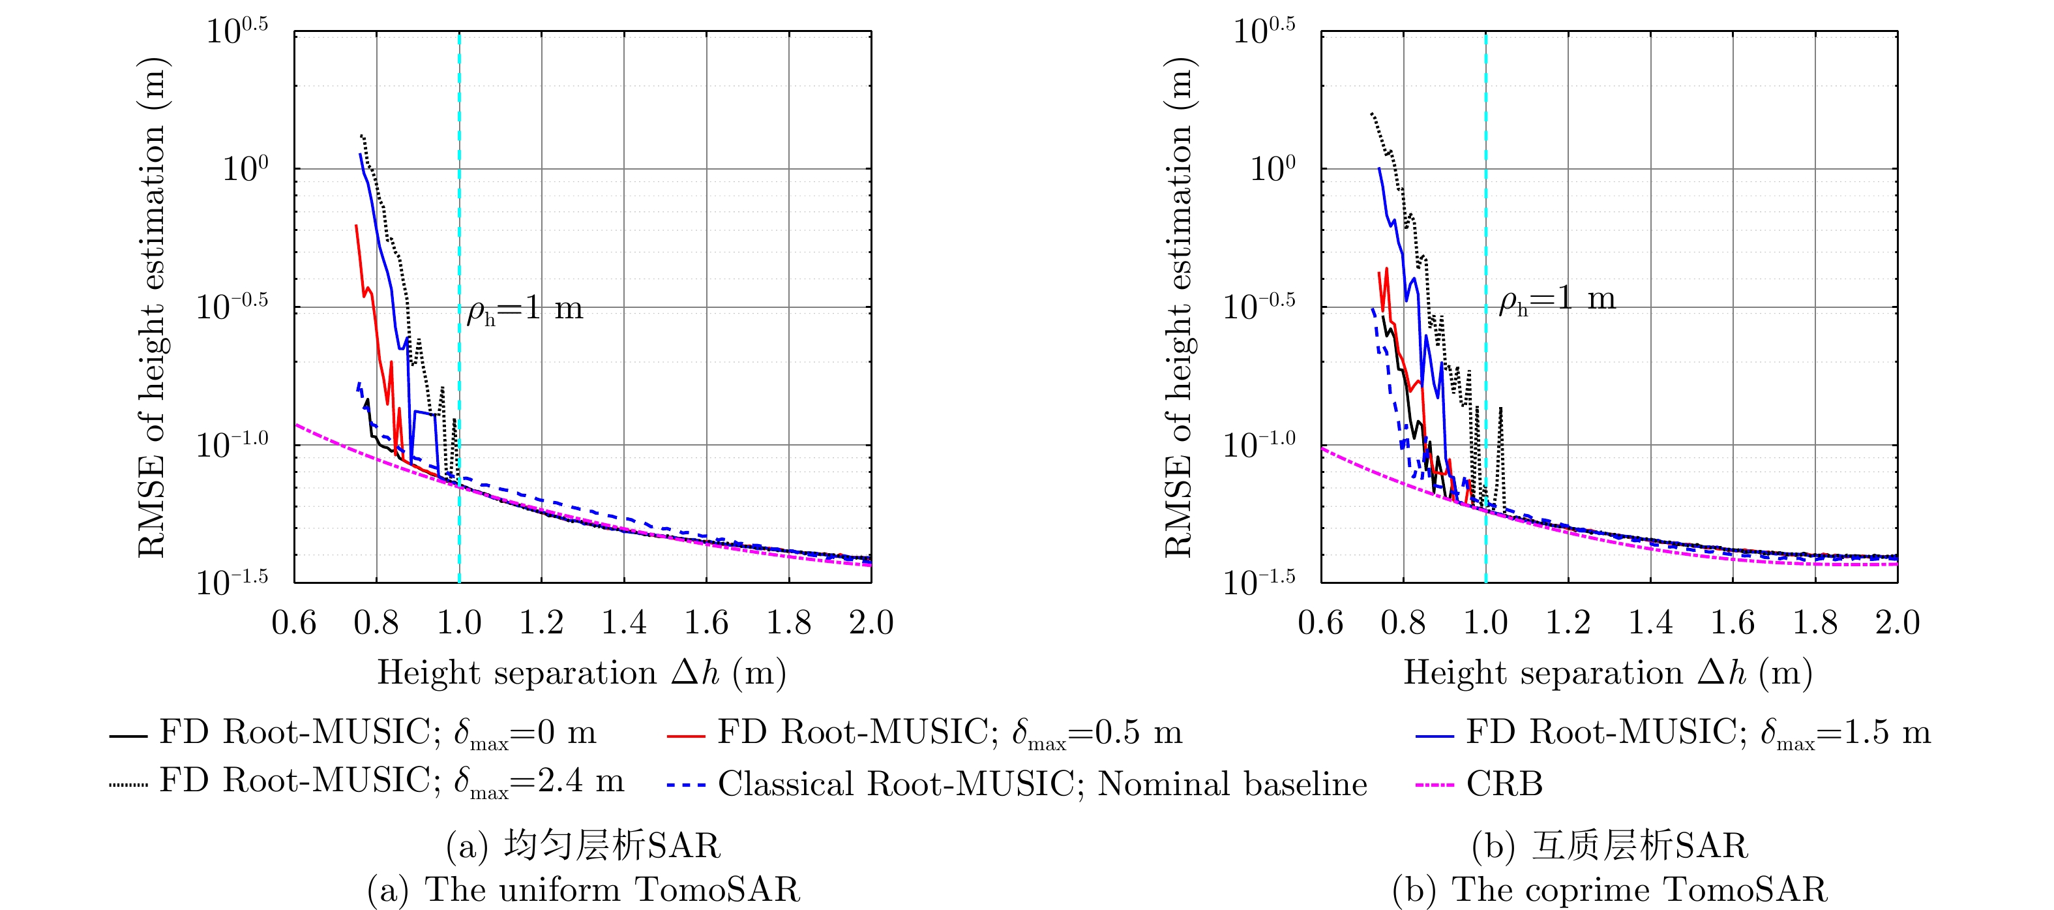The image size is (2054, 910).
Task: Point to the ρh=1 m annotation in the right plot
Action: coord(1556,300)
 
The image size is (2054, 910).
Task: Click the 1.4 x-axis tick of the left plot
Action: coord(623,623)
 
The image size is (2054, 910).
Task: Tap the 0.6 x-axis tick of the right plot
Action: coord(1320,623)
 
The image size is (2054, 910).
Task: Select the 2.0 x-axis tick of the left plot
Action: coord(871,623)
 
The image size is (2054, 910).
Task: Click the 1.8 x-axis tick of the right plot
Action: coord(1815,623)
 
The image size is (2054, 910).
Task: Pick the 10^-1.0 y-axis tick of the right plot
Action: coord(1259,444)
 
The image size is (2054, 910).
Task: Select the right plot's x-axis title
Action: coord(1607,673)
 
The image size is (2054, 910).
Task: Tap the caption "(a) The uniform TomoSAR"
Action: coord(583,889)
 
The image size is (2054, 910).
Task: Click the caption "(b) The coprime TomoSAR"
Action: coord(1609,889)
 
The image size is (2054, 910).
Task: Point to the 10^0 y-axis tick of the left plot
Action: coord(244,169)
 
